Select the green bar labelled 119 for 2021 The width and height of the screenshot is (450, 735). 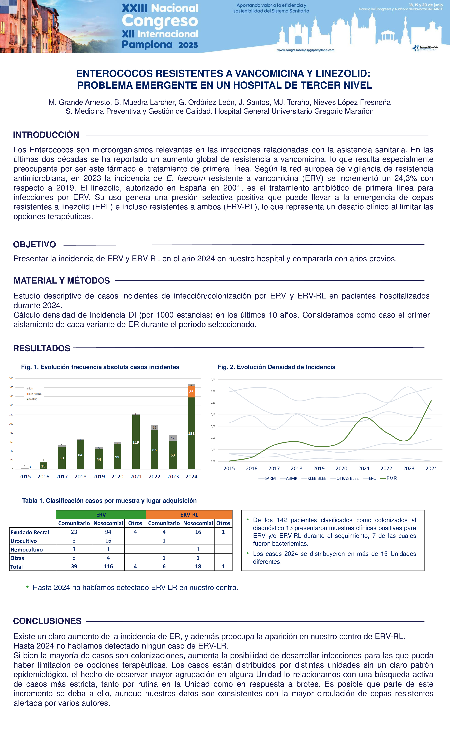136,442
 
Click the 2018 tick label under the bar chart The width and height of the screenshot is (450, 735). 80,476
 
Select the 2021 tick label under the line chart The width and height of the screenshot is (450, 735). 364,468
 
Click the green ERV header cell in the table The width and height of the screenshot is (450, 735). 101,515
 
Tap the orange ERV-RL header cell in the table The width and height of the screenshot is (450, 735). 189,515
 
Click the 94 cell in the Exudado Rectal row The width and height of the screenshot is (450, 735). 108,532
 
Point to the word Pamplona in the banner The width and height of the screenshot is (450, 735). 147,45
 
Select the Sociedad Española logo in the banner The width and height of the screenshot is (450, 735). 425,48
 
